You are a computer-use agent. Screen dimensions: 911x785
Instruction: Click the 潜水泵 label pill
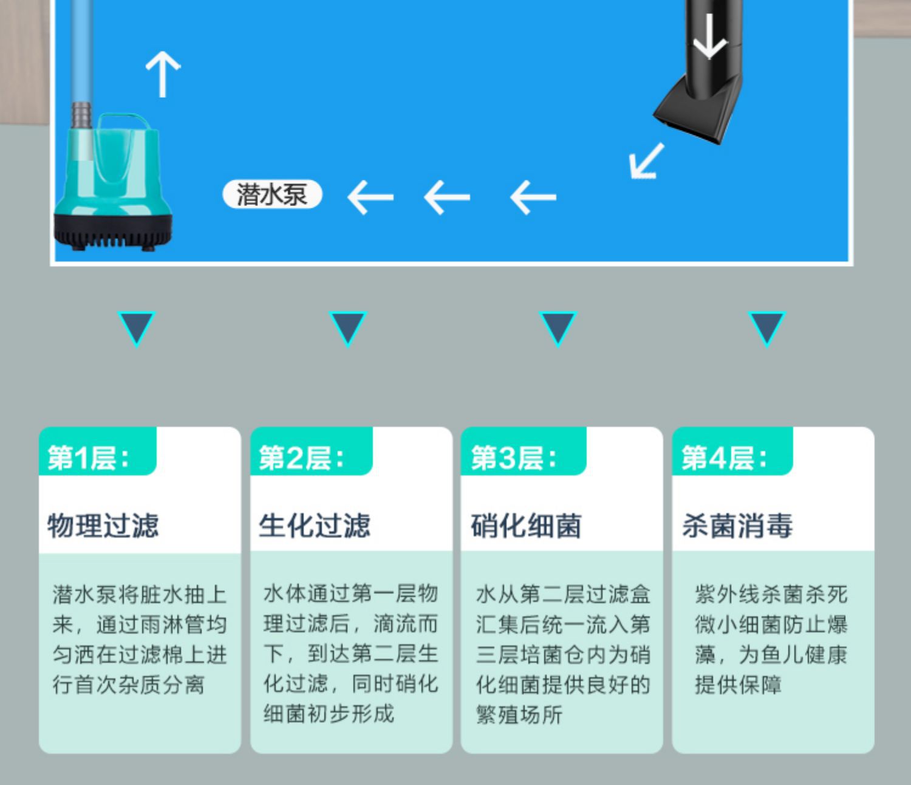point(272,195)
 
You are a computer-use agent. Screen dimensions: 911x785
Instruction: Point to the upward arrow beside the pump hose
point(163,74)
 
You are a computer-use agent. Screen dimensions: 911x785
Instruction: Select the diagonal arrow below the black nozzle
point(646,161)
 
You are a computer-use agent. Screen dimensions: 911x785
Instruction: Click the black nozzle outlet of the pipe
point(692,115)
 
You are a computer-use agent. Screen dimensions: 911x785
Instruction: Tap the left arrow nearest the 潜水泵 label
point(370,197)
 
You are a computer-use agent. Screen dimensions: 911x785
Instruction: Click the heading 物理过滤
point(103,526)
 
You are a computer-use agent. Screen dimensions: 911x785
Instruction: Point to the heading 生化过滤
point(314,526)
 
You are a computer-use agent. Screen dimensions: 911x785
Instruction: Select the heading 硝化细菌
point(526,526)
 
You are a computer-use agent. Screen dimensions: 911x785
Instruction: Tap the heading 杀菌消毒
point(737,526)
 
